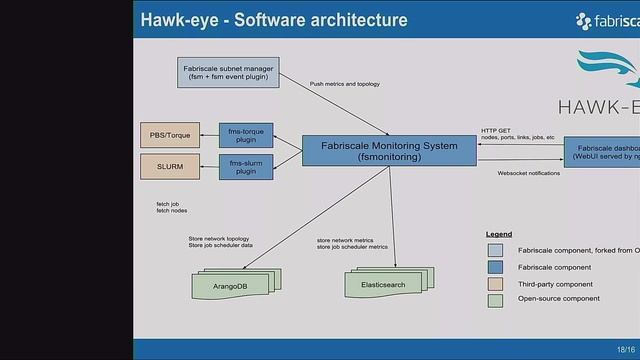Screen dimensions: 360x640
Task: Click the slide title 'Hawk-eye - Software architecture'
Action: [x=273, y=20]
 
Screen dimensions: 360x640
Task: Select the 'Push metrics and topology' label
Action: [x=345, y=84]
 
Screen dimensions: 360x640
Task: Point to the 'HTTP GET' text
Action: [x=497, y=129]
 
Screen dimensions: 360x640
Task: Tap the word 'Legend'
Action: [x=499, y=234]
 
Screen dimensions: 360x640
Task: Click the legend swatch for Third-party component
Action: [x=495, y=284]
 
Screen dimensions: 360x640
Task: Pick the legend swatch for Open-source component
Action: [x=495, y=299]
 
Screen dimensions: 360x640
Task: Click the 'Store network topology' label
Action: [x=219, y=240]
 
